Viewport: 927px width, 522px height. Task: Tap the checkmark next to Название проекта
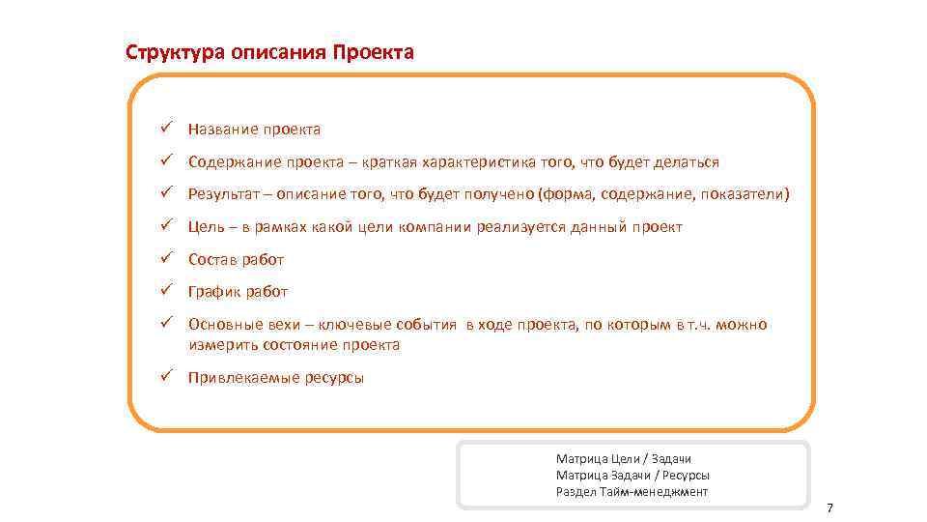[166, 129]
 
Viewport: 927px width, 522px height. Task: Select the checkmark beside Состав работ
[166, 259]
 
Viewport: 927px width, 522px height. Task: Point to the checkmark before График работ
[166, 291]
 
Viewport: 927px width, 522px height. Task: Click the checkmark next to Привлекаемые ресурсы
[166, 377]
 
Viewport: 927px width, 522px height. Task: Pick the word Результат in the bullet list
[225, 195]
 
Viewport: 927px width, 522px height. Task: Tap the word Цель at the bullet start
[206, 227]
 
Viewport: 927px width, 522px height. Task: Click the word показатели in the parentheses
[744, 195]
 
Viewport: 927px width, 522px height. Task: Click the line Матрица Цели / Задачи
[624, 459]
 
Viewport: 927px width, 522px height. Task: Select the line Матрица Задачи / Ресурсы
[632, 476]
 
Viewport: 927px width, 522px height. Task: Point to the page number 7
[829, 509]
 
